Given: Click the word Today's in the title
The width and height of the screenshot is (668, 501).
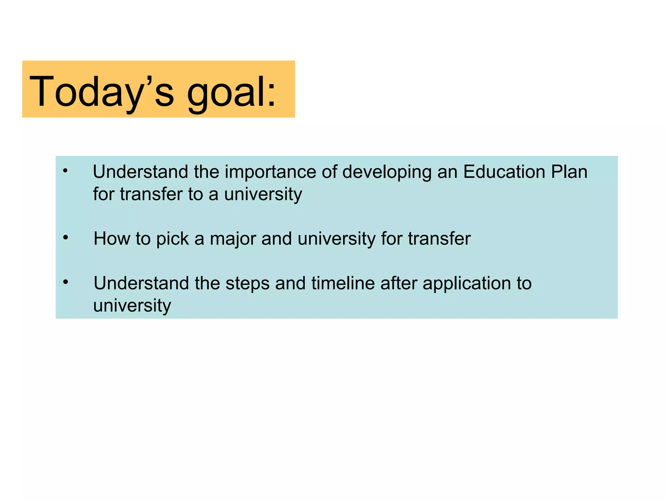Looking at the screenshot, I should coord(101,92).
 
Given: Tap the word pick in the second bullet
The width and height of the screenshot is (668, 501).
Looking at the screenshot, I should coord(172,239).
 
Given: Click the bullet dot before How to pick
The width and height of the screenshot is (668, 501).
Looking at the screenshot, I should coord(66,238).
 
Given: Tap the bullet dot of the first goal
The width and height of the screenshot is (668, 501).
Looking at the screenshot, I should coord(66,170).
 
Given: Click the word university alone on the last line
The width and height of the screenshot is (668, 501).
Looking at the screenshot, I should coord(132,306).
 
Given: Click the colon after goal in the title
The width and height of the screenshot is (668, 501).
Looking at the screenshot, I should coord(271,97).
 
